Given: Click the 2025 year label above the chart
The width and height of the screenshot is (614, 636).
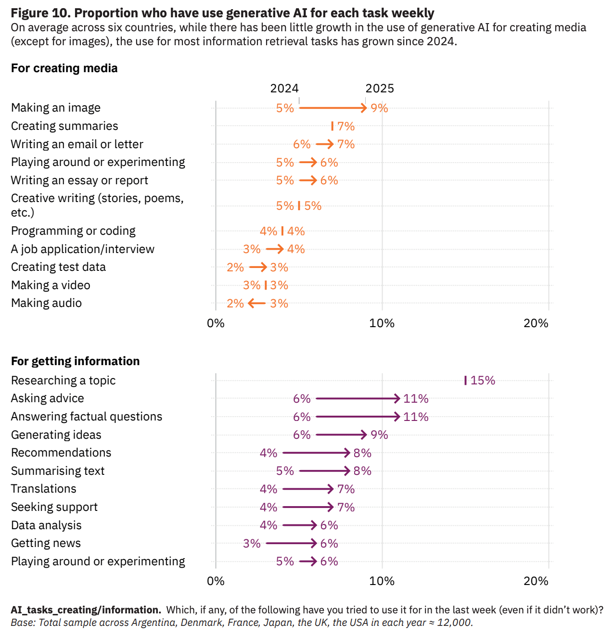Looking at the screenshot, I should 380,89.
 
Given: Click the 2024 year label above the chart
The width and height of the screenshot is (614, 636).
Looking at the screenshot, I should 284,89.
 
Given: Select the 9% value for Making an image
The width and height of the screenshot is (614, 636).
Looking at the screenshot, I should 379,108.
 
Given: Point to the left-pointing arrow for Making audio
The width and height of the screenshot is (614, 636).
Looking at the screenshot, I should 257,303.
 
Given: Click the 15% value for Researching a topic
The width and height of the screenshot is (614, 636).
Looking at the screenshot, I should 483,381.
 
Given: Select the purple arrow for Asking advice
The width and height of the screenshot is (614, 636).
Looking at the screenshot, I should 358,398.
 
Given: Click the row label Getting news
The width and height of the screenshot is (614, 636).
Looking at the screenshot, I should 46,543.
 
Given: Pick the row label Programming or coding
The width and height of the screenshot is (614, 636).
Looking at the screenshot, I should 73,231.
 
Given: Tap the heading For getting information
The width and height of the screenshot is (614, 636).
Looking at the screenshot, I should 75,361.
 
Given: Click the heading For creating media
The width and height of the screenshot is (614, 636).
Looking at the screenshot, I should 64,68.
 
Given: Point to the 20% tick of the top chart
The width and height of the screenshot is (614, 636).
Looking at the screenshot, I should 536,323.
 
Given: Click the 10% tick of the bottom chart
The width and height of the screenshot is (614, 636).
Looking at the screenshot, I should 382,581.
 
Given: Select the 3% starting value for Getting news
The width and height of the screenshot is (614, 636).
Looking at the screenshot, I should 252,544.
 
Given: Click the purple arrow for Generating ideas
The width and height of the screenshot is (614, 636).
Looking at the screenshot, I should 342,435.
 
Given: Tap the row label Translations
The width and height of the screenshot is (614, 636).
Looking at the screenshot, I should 44,489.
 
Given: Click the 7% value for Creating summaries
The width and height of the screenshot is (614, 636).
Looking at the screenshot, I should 345,127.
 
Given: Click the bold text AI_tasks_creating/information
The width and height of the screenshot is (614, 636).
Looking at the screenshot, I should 86,610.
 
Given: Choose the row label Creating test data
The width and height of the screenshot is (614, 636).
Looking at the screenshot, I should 58,267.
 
